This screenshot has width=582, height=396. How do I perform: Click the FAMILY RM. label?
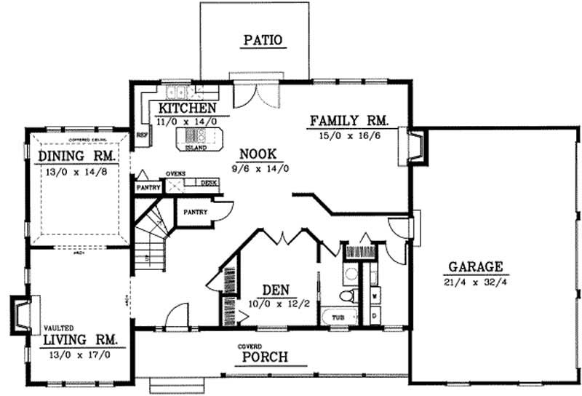click(x=350, y=121)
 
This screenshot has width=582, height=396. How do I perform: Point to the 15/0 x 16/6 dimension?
click(x=350, y=136)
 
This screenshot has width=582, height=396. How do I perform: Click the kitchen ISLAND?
click(x=196, y=137)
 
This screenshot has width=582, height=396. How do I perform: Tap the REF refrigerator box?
click(x=142, y=135)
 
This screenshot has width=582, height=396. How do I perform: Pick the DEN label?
click(x=278, y=289)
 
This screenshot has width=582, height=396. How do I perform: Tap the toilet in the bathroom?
click(x=348, y=296)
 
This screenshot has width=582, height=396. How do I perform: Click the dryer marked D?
click(x=374, y=317)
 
